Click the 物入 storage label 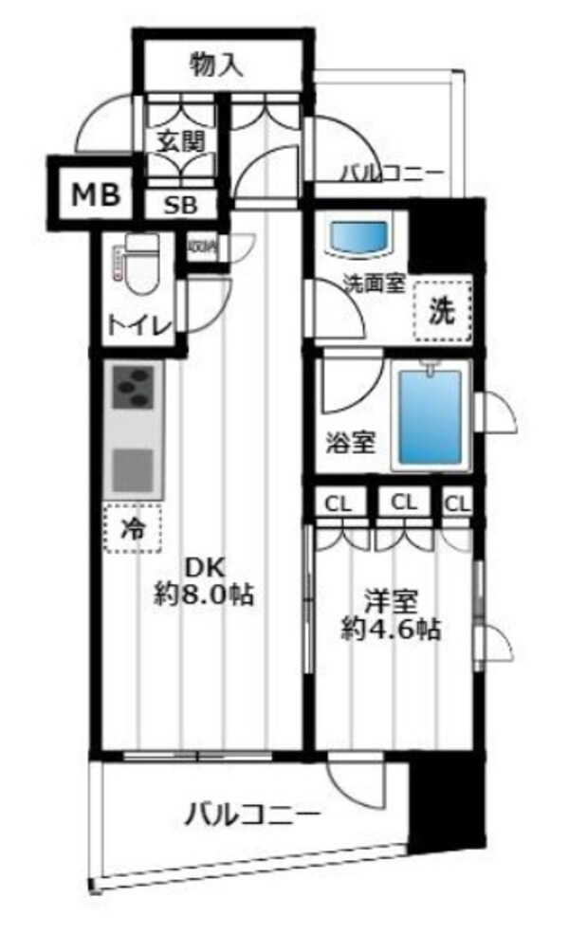coord(218,65)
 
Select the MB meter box coord(97,196)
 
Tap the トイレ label coord(138,326)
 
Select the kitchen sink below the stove coord(135,469)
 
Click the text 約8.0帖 coord(204,597)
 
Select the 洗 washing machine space coord(443,311)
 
